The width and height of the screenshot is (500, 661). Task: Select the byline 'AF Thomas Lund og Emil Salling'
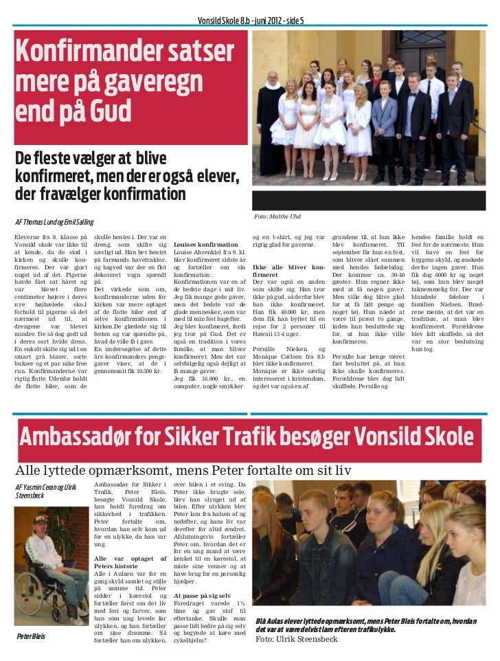pos(54,222)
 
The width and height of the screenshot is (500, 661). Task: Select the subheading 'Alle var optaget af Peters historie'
pos(130,564)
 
